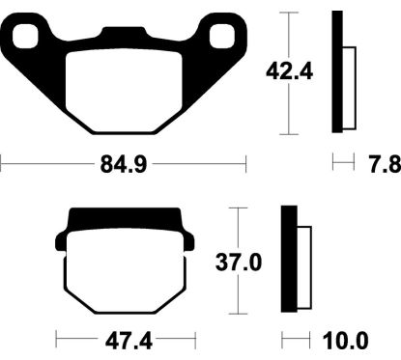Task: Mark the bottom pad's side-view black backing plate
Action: pyautogui.click(x=287, y=261)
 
